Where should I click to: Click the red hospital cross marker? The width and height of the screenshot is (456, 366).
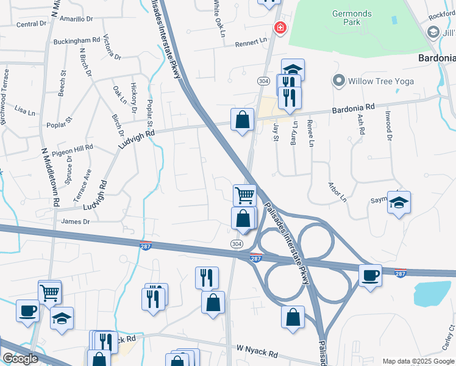280,27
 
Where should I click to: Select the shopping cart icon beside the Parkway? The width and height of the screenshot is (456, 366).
244,195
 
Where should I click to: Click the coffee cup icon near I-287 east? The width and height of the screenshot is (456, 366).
370,276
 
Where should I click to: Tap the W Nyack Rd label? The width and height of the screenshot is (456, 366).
257,352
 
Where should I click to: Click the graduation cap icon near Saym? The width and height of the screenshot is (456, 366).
399,203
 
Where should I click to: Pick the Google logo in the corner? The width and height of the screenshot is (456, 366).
20,359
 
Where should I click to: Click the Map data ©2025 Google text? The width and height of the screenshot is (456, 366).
418,361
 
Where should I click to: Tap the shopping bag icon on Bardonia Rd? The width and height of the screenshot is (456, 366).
243,119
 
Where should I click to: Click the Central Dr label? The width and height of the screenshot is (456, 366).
31,24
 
